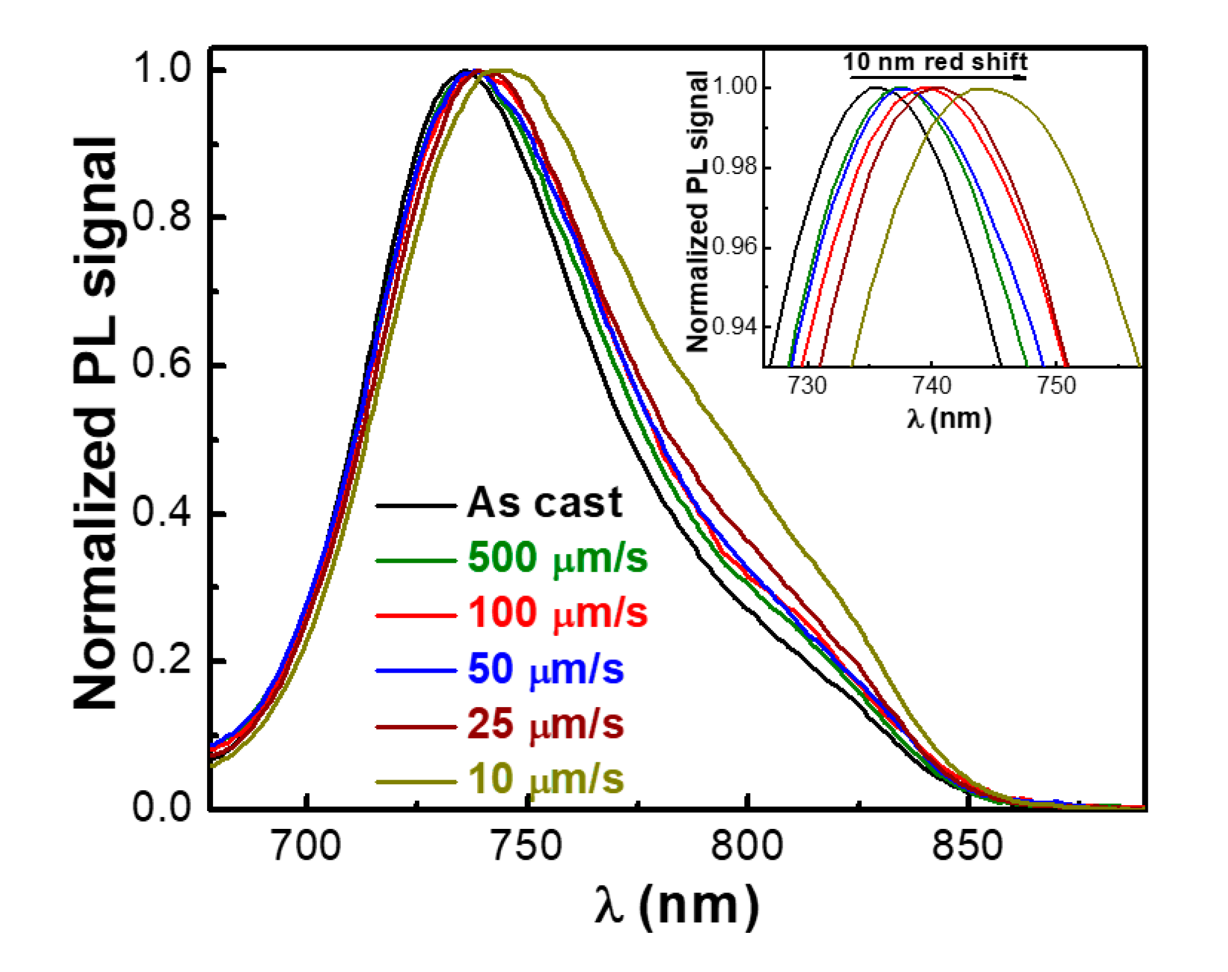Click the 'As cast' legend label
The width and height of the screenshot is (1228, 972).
544,503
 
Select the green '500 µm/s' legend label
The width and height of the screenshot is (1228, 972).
557,558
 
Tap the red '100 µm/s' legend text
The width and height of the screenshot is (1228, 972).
557,613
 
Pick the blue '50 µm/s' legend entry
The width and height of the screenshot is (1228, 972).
545,669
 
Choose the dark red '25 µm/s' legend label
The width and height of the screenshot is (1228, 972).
545,724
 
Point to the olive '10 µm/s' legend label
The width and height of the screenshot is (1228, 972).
545,779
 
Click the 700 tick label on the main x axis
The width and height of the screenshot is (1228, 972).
306,846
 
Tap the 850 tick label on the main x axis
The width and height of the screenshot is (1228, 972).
967,846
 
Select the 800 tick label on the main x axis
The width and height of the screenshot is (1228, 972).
747,846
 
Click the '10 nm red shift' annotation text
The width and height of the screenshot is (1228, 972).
935,62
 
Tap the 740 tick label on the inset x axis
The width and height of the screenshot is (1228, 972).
931,387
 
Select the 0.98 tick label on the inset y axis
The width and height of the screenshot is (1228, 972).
734,167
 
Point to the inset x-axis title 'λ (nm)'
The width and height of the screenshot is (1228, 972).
948,419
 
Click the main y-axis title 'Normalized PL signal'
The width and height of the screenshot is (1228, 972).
95,422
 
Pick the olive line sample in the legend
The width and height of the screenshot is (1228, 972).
415,782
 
